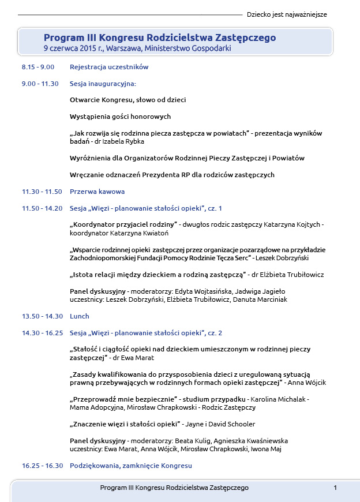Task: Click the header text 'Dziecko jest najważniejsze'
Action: click(287, 14)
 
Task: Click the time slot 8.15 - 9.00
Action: click(38, 67)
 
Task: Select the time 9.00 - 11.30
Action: click(40, 84)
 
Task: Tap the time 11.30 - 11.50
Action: click(42, 192)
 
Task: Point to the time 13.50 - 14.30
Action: click(42, 316)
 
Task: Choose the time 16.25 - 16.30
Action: click(42, 466)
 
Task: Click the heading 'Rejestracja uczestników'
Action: click(109, 67)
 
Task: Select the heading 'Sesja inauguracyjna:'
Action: click(103, 84)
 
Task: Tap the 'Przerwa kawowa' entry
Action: click(97, 192)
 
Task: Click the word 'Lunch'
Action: click(80, 316)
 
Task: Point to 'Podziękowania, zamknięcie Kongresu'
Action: click(131, 466)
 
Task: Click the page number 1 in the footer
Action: click(335, 488)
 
